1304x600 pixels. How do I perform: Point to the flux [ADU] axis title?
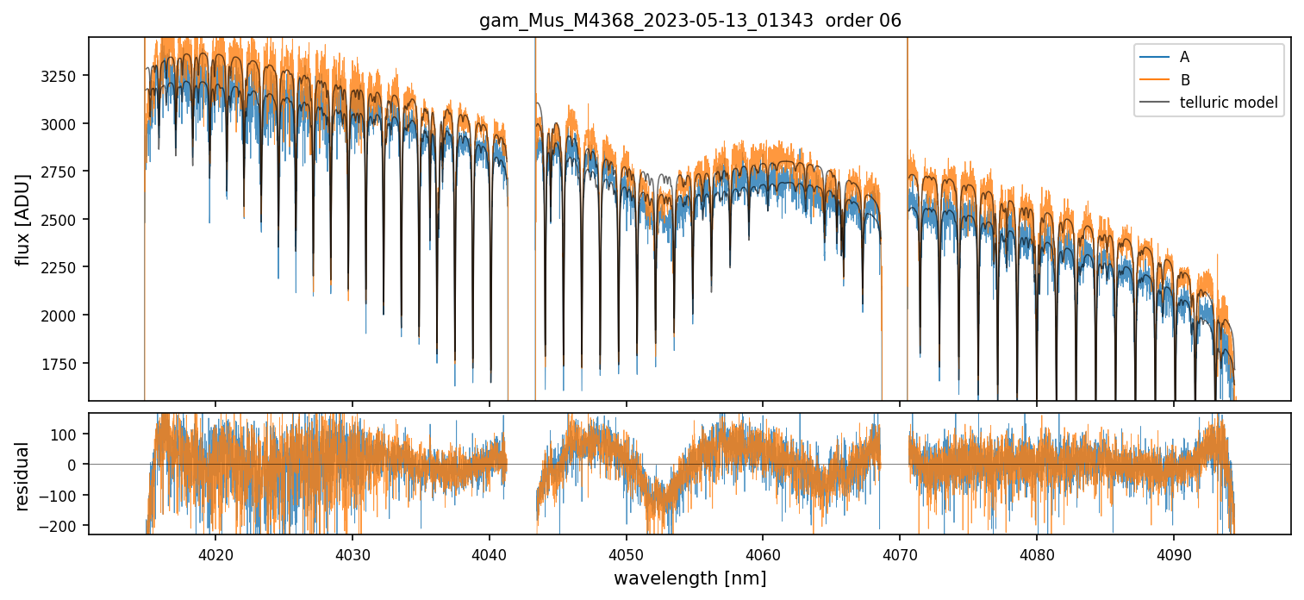pos(23,219)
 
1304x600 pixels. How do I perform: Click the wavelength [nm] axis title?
pos(689,578)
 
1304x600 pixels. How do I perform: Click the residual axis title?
pos(23,475)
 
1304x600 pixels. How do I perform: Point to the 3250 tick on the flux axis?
pos(62,76)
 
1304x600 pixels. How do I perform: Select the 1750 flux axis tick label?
pos(62,363)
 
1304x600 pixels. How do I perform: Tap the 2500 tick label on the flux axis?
pos(62,220)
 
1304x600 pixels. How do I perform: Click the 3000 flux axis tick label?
pos(62,124)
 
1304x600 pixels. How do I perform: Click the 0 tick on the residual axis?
pos(75,465)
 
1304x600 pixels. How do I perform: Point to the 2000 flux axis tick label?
pos(62,316)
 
